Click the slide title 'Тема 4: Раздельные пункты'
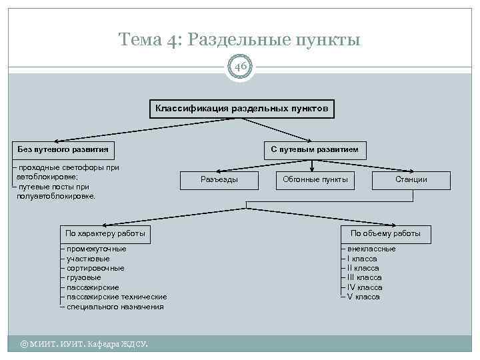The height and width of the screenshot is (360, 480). tap(239, 39)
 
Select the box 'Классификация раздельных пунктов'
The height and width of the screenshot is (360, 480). tap(241, 108)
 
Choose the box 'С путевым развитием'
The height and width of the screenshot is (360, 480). tap(315, 149)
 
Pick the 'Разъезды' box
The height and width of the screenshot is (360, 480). tap(219, 179)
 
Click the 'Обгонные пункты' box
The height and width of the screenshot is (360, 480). tap(315, 179)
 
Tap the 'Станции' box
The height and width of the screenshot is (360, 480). tap(411, 179)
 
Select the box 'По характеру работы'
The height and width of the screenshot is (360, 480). tap(105, 233)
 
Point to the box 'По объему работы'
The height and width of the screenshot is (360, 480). tap(385, 233)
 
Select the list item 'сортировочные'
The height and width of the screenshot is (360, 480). tap(95, 268)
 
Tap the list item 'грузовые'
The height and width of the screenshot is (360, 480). tap(84, 277)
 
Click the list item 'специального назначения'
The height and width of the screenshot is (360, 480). tap(115, 307)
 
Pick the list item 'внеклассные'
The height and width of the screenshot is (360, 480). tap(371, 249)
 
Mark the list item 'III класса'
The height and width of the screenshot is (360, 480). tap(364, 277)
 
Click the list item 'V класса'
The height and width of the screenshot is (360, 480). tap(363, 297)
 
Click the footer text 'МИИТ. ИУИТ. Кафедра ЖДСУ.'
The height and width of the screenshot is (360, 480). tap(85, 344)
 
